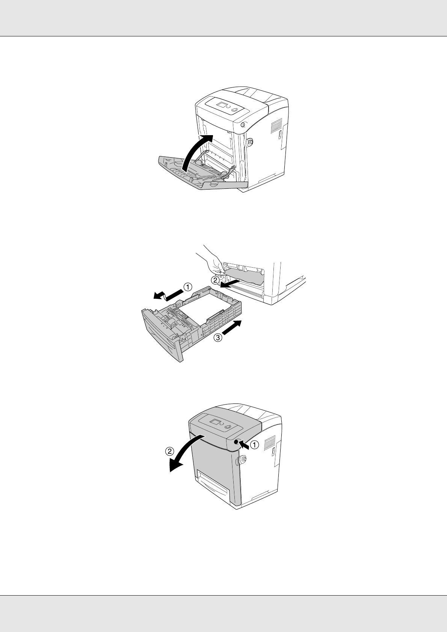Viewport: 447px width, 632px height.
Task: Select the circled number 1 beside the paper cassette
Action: [188, 287]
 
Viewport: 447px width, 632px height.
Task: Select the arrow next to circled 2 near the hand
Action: [230, 284]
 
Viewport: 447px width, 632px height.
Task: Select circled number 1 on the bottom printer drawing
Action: [254, 445]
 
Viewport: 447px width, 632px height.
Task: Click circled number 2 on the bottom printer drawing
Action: [169, 451]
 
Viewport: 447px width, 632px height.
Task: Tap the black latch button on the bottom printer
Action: [236, 443]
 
